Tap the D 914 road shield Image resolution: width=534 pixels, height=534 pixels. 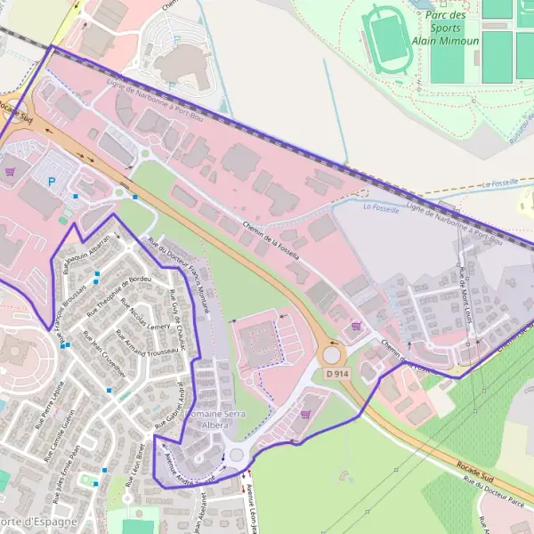336,375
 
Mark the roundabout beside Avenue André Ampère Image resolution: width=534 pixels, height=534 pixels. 237,456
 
